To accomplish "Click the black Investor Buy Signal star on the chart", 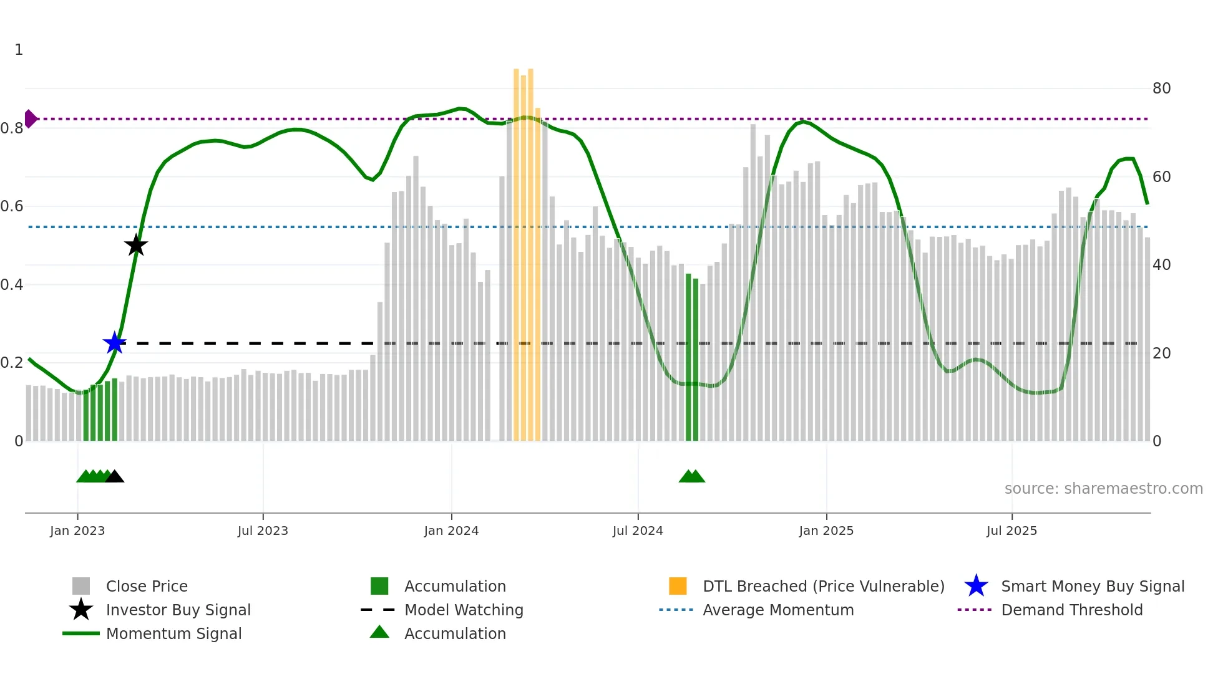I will tap(136, 246).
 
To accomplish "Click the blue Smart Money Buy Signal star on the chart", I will tap(114, 343).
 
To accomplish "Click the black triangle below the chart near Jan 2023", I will tap(114, 477).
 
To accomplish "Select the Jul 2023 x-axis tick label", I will tap(263, 531).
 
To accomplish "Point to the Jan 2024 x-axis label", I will tap(451, 531).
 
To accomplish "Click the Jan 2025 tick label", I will tap(826, 531).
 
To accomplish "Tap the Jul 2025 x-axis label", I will tap(1011, 531).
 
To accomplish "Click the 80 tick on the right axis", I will tap(1161, 89).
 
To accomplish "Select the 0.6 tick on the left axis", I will tap(12, 206).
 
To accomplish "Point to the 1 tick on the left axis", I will tap(19, 50).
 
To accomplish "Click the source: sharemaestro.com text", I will tap(1103, 489).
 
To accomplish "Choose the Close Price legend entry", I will tap(147, 586).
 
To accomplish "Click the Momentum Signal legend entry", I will tap(173, 633).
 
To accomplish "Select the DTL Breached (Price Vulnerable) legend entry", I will tap(823, 586).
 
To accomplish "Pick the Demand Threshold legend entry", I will tap(1071, 610).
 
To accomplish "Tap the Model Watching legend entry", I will tap(463, 610).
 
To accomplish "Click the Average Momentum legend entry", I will tap(777, 610).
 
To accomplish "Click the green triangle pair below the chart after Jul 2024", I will tap(691, 477).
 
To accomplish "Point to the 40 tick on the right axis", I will tap(1161, 265).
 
